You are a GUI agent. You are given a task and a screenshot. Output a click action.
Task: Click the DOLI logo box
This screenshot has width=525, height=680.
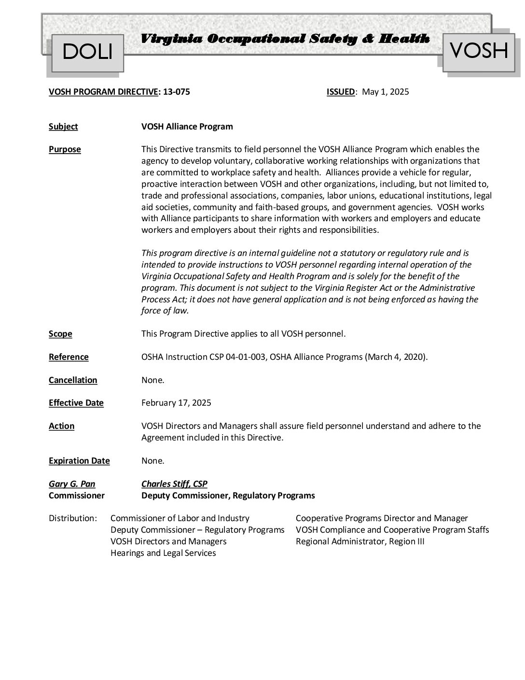[x=87, y=52]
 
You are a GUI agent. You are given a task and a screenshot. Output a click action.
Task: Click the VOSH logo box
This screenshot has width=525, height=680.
[x=479, y=50]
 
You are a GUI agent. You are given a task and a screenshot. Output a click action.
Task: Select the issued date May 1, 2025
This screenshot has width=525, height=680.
[x=385, y=92]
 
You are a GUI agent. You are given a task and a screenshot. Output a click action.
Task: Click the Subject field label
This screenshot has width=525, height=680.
[x=63, y=127]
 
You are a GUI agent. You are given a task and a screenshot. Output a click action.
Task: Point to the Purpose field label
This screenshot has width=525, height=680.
[x=65, y=150]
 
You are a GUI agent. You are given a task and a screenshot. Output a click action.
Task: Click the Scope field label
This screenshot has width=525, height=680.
[x=60, y=334]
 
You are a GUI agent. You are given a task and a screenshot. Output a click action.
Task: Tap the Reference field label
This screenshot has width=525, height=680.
[x=69, y=357]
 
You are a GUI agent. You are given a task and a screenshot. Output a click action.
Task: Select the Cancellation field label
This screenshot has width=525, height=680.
[x=73, y=381]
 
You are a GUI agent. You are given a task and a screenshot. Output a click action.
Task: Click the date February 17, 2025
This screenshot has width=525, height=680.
[x=176, y=403]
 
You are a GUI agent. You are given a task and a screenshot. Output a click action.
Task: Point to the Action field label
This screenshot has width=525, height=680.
[x=61, y=426]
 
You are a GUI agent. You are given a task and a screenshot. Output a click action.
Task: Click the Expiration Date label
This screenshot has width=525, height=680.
[x=79, y=461]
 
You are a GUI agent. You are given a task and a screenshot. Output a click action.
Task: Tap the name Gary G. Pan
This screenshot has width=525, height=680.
[x=72, y=484]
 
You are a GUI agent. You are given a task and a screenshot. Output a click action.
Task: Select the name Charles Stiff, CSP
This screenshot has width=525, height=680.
[x=174, y=484]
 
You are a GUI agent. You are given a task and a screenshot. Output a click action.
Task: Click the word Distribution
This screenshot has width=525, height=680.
[x=73, y=519]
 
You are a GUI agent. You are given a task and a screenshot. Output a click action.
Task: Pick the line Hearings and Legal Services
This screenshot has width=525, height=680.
[x=163, y=553]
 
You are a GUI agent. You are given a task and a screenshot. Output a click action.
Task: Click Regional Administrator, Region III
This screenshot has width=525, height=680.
[x=360, y=542]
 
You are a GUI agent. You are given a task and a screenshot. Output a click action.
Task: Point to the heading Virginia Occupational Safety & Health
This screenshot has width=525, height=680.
[x=285, y=39]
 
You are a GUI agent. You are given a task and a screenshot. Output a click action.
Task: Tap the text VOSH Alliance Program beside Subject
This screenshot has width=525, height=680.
[x=187, y=127]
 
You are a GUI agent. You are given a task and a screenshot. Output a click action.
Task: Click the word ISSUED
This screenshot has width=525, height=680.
[x=341, y=92]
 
